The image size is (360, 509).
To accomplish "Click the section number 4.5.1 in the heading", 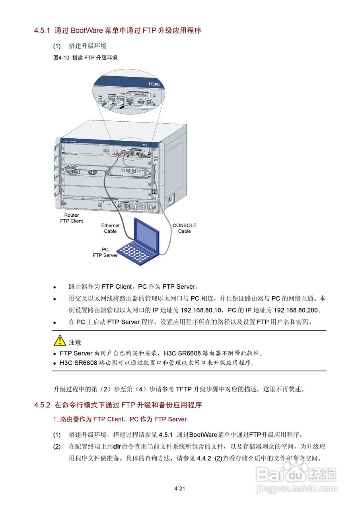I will [x=43, y=31].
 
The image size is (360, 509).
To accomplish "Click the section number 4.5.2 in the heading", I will [x=43, y=405].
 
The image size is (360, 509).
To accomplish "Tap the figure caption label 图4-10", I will [x=61, y=58].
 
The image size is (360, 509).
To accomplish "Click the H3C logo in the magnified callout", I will [x=154, y=84].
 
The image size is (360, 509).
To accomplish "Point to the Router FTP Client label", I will [x=72, y=218].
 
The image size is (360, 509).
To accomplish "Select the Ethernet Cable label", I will [x=110, y=228].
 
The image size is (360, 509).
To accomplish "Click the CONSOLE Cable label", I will [x=184, y=228].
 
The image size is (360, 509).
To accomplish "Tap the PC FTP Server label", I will [x=105, y=253].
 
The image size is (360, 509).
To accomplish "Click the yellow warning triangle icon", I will [x=60, y=340].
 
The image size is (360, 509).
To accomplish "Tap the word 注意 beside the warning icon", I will [x=75, y=342].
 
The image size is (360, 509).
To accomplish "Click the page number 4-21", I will [x=180, y=488].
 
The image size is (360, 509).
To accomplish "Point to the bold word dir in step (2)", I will [x=117, y=447].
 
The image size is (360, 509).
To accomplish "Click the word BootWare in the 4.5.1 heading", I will [x=87, y=31].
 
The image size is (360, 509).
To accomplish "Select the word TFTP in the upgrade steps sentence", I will [x=184, y=389].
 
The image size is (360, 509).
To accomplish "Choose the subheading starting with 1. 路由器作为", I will [x=120, y=419].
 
